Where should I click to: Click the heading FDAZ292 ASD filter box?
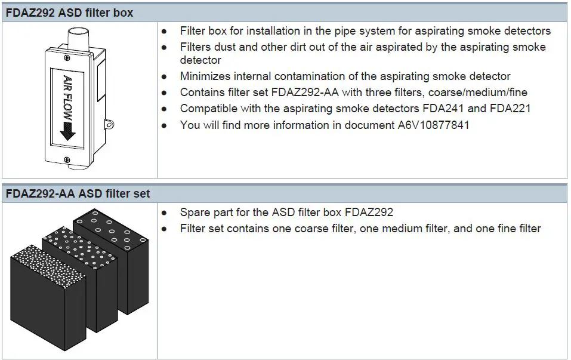point(70,12)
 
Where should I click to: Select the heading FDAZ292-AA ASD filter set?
point(78,193)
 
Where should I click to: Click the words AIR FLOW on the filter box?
point(67,95)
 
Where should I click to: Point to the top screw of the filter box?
point(66,57)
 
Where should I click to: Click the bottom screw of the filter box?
point(66,159)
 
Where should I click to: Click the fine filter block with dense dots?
point(36,287)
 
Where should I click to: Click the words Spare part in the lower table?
point(203,213)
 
